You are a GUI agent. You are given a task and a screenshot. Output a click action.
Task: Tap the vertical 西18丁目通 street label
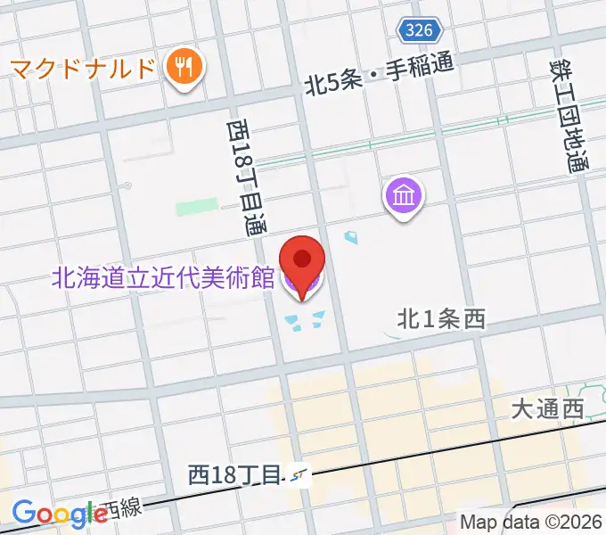coord(244,177)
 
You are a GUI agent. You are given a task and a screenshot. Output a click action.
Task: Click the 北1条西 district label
coord(441,318)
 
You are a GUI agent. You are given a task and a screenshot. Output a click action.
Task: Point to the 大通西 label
coord(547,409)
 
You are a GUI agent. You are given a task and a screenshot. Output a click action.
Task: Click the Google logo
coord(60,513)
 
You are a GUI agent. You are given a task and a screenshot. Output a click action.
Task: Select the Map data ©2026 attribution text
coord(531,522)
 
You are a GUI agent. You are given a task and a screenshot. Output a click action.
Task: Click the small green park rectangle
coord(196,209)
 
